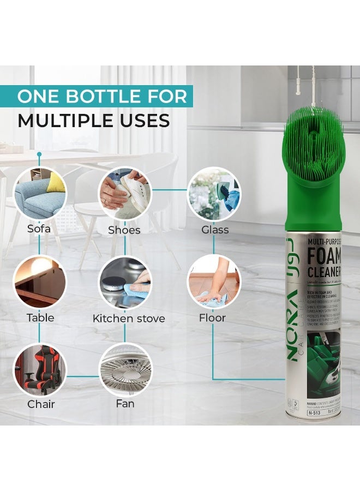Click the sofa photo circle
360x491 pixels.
point(39,194)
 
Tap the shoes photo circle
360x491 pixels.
point(125,194)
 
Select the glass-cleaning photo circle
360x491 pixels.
point(213,194)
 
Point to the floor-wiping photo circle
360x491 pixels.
point(213,282)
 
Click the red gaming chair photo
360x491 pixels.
point(39,370)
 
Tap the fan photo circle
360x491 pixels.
point(125,370)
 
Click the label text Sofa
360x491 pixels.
point(39,229)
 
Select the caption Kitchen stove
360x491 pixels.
point(129,319)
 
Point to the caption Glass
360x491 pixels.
point(215,230)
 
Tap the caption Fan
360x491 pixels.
point(125,404)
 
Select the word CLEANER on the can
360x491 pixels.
point(324,271)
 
